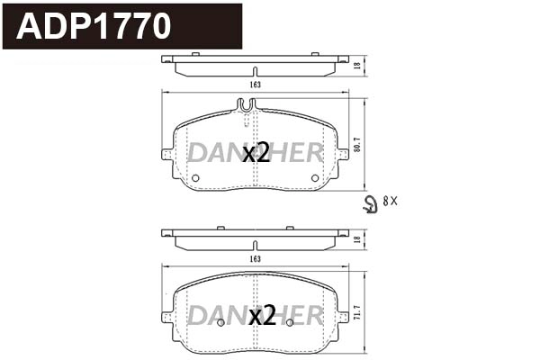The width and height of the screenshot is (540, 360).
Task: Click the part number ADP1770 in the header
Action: pos(94,26)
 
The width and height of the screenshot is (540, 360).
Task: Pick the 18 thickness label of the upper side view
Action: pos(356,66)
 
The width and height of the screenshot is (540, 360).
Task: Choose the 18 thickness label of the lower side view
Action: pos(356,239)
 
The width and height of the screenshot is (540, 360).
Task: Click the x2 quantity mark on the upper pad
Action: pos(256,154)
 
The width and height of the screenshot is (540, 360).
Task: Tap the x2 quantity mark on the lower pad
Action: pos(262,316)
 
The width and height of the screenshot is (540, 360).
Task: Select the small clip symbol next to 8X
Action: pos(368,204)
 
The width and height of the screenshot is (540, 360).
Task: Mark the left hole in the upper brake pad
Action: pos(196,177)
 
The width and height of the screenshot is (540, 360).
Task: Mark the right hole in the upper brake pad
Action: pos(315,177)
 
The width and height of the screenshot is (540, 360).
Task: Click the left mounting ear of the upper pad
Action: pos(167,154)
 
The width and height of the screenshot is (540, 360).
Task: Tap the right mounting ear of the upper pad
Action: pos(343,154)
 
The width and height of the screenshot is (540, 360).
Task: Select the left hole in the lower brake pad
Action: pos(222,321)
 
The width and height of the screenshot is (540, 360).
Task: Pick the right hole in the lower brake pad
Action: pos(289,321)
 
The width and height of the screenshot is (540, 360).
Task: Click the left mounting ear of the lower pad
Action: pos(167,315)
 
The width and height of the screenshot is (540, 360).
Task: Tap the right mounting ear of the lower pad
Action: pos(343,315)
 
